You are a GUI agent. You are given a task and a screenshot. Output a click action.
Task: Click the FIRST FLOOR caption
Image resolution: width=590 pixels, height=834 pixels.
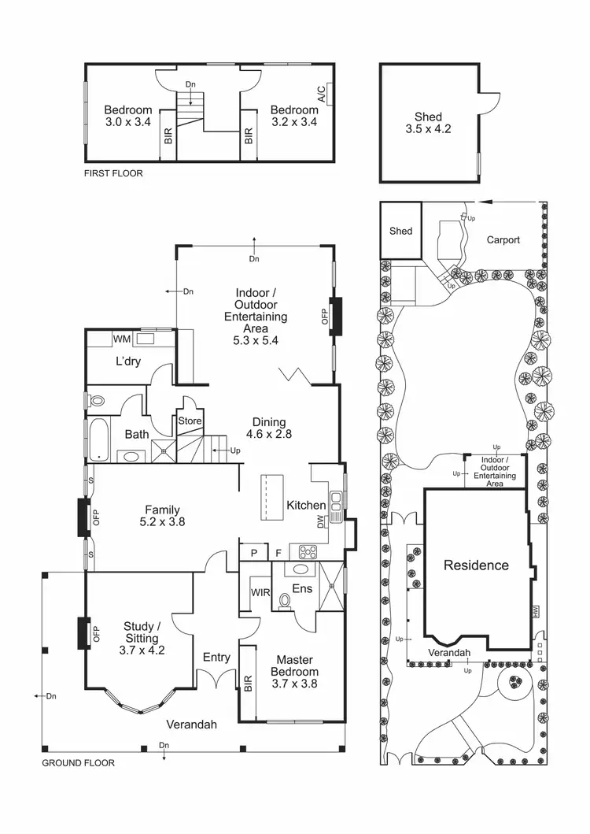point(113,173)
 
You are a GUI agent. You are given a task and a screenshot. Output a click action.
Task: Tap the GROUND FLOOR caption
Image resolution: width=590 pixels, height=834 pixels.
point(78,762)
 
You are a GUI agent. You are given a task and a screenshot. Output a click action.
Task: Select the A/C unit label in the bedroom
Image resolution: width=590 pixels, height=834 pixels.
point(322,95)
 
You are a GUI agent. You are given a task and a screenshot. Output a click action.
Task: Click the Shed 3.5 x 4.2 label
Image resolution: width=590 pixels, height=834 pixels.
point(429,123)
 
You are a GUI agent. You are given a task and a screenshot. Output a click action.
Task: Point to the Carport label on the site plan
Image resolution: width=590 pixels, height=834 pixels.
point(503,240)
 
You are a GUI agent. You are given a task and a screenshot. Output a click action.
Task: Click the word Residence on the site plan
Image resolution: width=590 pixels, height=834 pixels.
point(476,565)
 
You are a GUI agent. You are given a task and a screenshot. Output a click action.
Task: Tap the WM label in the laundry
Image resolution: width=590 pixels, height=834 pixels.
point(121,339)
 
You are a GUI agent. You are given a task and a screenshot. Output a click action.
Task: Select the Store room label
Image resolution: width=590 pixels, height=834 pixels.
point(190,421)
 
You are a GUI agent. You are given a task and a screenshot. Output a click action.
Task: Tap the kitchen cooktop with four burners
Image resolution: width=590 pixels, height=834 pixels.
point(303,550)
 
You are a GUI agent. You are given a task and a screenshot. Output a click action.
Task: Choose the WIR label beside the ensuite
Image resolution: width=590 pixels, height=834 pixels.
point(260,591)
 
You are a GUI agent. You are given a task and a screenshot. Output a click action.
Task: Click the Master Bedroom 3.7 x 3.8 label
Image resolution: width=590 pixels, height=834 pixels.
point(294,665)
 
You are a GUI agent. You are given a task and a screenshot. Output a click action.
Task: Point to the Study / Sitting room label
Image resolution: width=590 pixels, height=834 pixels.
point(142,638)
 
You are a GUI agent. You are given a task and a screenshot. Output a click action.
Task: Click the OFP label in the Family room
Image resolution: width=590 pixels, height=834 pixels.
point(98,517)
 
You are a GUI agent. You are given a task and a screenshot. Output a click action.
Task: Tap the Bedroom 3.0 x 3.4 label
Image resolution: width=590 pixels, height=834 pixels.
point(127,117)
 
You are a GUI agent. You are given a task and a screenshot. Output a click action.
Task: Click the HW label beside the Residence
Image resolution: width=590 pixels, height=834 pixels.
point(535,610)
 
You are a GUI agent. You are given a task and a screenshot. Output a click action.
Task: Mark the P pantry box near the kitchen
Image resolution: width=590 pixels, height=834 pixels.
point(254,553)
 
